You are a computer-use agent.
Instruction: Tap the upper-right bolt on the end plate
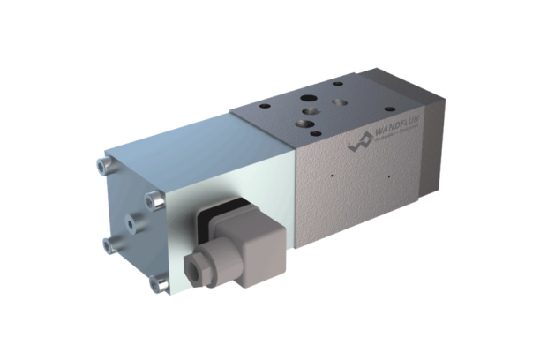click(155, 202)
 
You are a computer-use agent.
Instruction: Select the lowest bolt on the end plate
click(161, 283)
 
